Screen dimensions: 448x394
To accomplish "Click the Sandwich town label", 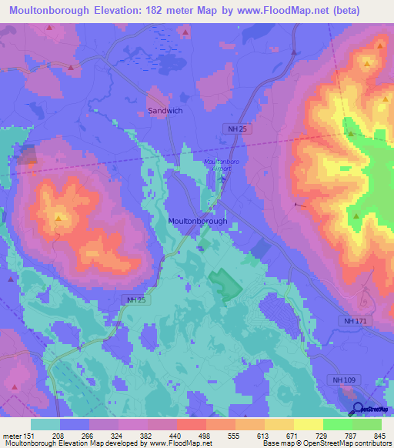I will (165, 111).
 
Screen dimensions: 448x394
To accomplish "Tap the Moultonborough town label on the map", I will (197, 221).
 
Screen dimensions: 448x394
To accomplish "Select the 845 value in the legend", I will (377, 435).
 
